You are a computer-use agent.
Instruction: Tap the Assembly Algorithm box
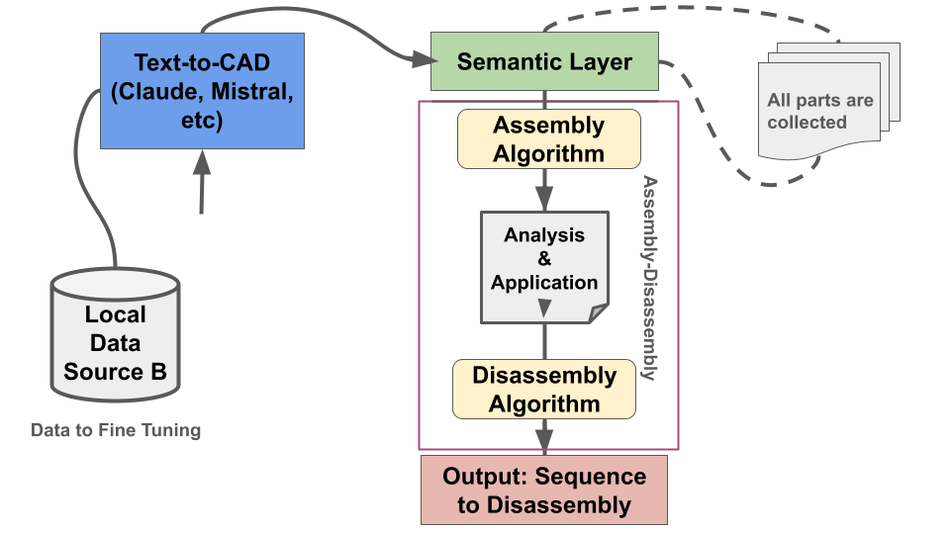(x=548, y=139)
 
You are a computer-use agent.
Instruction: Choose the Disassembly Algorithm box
(x=544, y=389)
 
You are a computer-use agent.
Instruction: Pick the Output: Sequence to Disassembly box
(x=544, y=490)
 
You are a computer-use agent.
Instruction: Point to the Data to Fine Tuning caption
(x=116, y=430)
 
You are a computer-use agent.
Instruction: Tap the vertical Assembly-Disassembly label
(x=650, y=278)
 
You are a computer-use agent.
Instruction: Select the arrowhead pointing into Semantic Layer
(x=420, y=62)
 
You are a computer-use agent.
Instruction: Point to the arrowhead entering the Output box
(x=544, y=444)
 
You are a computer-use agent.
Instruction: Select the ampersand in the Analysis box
(x=544, y=259)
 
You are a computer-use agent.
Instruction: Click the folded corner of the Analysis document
(x=598, y=313)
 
